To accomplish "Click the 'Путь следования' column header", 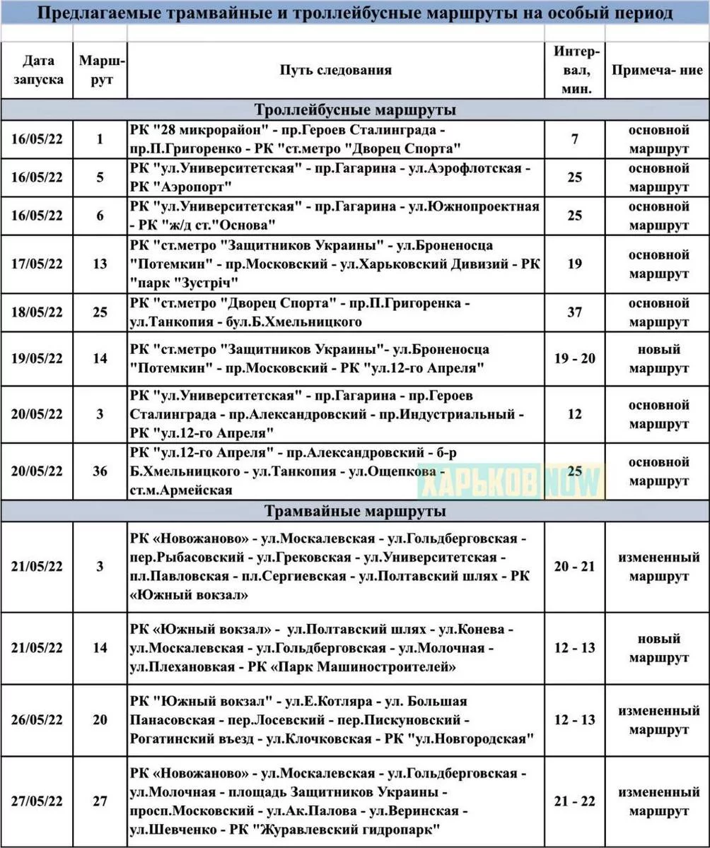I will coord(335,70).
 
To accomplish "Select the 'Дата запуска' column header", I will coord(37,70).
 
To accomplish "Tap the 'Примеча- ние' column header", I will coord(657,70).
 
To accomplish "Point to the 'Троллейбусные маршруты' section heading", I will coord(354,110).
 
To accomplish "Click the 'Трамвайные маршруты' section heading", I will coord(354,511).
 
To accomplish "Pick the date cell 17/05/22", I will coord(37,264).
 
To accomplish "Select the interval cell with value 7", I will coord(574,139).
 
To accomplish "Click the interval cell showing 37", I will coord(574,312).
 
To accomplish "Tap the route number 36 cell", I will coord(100,471).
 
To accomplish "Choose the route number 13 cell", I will coord(100,264).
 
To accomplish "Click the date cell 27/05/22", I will coord(37,801).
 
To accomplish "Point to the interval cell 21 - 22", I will coord(574,801).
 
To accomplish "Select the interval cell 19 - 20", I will coord(574,358).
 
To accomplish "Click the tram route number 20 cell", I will coord(100,719).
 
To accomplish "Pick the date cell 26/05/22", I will coord(37,719).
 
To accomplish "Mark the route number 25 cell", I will coord(100,312).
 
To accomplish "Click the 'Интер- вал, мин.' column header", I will coord(574,70).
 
